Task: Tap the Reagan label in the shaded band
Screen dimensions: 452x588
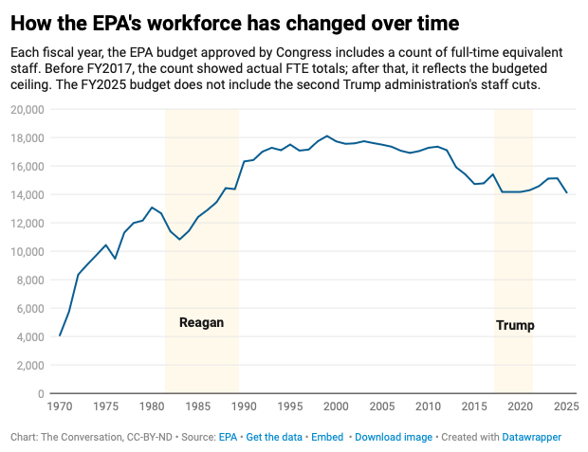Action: click(201, 322)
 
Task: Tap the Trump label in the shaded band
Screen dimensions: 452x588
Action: click(515, 325)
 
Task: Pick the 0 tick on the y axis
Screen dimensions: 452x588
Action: click(41, 394)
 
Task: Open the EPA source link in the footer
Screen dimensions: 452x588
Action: click(228, 437)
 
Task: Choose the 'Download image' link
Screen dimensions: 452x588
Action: click(393, 437)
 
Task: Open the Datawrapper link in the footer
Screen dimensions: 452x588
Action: click(532, 437)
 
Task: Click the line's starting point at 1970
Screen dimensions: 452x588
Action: click(60, 335)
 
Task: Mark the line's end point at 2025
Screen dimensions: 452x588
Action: click(566, 192)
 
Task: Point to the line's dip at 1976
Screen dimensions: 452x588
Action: click(115, 259)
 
